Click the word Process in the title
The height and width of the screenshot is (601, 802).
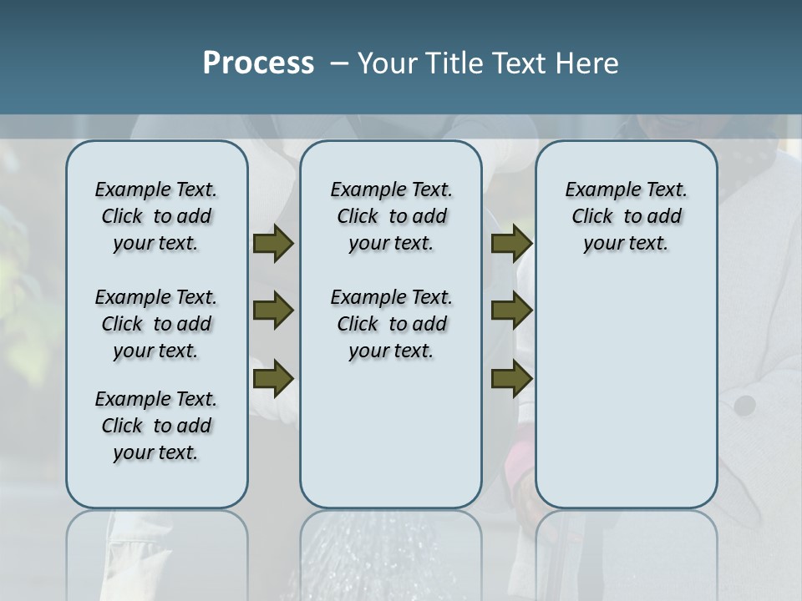(258, 63)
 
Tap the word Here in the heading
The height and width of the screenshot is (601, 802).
(588, 63)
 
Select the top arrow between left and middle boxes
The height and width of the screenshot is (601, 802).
(273, 244)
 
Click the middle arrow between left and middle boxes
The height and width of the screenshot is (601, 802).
(273, 311)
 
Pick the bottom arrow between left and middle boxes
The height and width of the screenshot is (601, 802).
(273, 379)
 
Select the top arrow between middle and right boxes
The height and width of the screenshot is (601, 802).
(511, 244)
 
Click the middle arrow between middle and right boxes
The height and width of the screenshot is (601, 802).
(511, 311)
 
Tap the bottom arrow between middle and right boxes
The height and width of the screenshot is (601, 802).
(511, 379)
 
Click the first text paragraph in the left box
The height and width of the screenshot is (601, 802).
(156, 216)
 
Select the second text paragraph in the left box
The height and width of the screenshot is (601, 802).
(156, 324)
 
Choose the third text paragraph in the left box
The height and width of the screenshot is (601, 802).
(156, 426)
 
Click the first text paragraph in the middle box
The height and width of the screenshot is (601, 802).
(391, 216)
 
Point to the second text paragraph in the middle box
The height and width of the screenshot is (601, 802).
(391, 324)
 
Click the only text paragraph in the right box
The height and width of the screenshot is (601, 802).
(626, 216)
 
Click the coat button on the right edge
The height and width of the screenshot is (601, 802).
(744, 406)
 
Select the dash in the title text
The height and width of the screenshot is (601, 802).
(339, 63)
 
